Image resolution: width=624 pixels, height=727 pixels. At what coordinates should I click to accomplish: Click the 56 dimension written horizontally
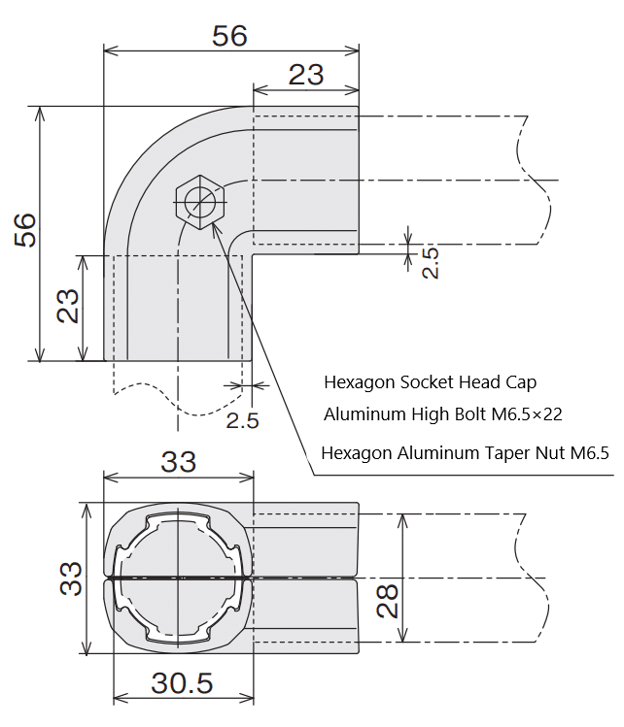(229, 36)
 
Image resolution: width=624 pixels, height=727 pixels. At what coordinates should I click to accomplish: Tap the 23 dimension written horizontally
(305, 74)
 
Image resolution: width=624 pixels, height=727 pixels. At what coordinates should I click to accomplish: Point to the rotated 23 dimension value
(67, 309)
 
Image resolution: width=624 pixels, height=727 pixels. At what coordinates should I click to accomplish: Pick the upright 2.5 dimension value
(242, 420)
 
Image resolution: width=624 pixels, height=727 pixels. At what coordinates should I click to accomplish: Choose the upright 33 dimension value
(179, 463)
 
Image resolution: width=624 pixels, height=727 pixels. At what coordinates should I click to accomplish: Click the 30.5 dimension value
(182, 683)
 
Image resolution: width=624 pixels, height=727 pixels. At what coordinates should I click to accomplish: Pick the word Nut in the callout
(554, 452)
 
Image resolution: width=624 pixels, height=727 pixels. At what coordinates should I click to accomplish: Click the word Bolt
(472, 414)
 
